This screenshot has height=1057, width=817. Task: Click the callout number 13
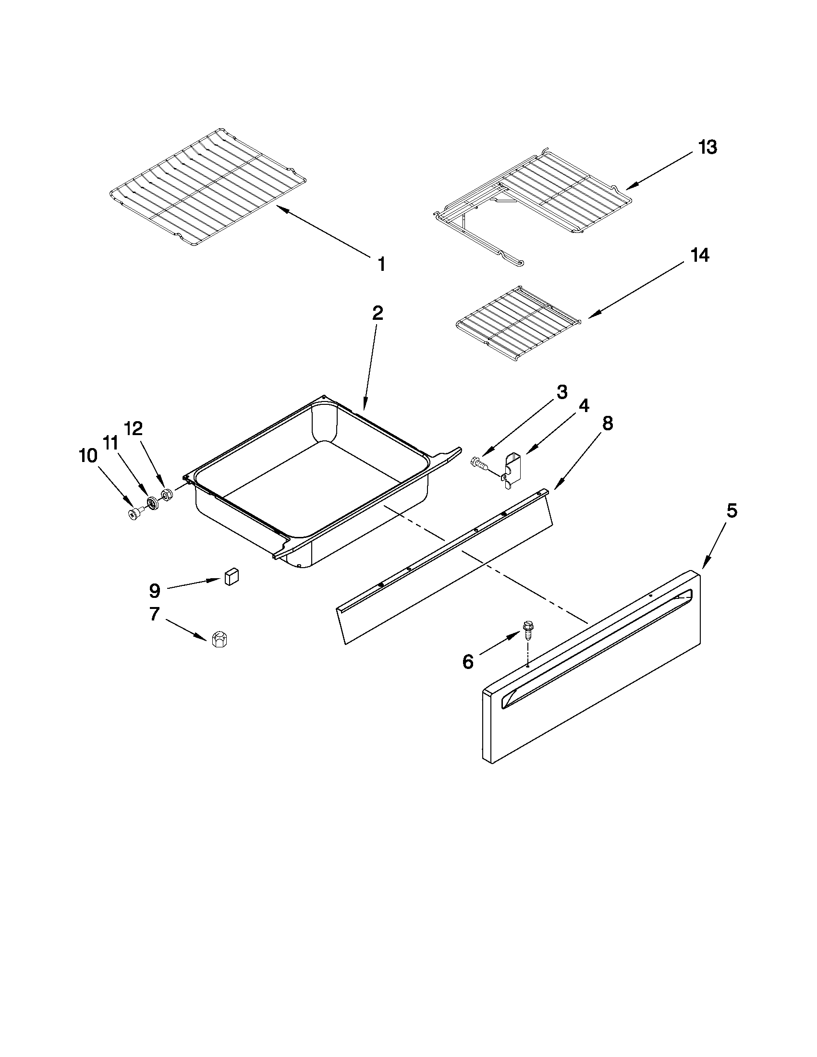click(x=707, y=146)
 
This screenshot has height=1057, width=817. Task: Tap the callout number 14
click(x=700, y=255)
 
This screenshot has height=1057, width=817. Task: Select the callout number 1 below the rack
click(x=381, y=264)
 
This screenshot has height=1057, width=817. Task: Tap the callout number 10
click(x=88, y=455)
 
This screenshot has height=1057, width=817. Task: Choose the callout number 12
click(x=134, y=428)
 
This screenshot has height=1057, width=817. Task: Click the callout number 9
click(x=154, y=590)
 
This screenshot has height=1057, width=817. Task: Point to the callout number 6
click(x=467, y=661)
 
